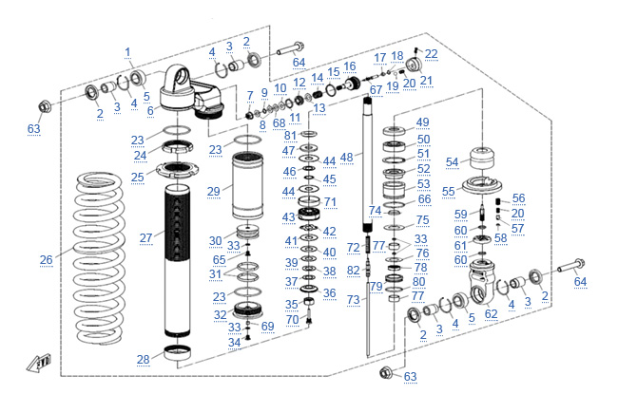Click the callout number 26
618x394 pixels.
click(x=45, y=259)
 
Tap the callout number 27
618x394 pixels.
click(x=145, y=237)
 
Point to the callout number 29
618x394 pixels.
click(x=214, y=191)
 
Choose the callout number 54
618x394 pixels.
click(x=452, y=162)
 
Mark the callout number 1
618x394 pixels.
click(x=127, y=51)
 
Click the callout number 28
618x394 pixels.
click(x=143, y=359)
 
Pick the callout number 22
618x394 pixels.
click(x=431, y=54)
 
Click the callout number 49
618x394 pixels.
click(x=422, y=122)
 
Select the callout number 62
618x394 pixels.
click(x=492, y=312)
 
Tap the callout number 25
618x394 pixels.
click(x=138, y=177)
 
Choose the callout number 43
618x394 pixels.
click(x=288, y=217)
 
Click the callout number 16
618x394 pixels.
click(x=349, y=66)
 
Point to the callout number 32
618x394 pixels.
click(x=220, y=315)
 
